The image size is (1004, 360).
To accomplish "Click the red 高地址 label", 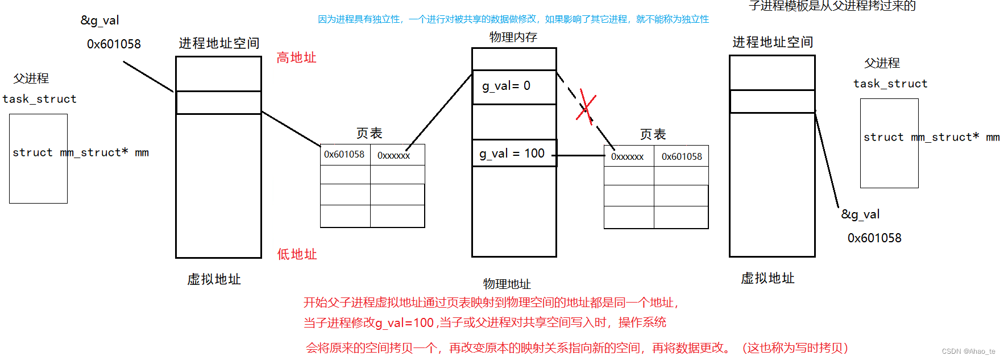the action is (x=296, y=57).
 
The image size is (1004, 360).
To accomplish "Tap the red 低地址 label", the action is (x=297, y=254).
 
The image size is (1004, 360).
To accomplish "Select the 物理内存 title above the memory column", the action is (x=513, y=37).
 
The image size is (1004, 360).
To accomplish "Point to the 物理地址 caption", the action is (x=507, y=284).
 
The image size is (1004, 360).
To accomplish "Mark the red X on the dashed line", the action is (x=586, y=105).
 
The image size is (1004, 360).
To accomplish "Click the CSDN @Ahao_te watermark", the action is (x=968, y=351).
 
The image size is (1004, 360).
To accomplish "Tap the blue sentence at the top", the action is (x=513, y=19).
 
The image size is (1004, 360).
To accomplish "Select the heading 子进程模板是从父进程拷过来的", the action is (x=832, y=6).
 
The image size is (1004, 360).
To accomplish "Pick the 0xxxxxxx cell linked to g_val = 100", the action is (x=628, y=156).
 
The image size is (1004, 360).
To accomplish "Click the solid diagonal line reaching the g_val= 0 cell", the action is (x=439, y=111).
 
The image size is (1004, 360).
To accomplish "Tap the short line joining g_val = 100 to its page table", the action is (x=578, y=155).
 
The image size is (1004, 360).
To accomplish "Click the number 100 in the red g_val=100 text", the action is (x=424, y=323).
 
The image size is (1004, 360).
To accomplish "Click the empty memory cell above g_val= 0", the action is (x=513, y=59).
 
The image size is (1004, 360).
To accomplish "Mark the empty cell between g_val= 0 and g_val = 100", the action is (x=513, y=122).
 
